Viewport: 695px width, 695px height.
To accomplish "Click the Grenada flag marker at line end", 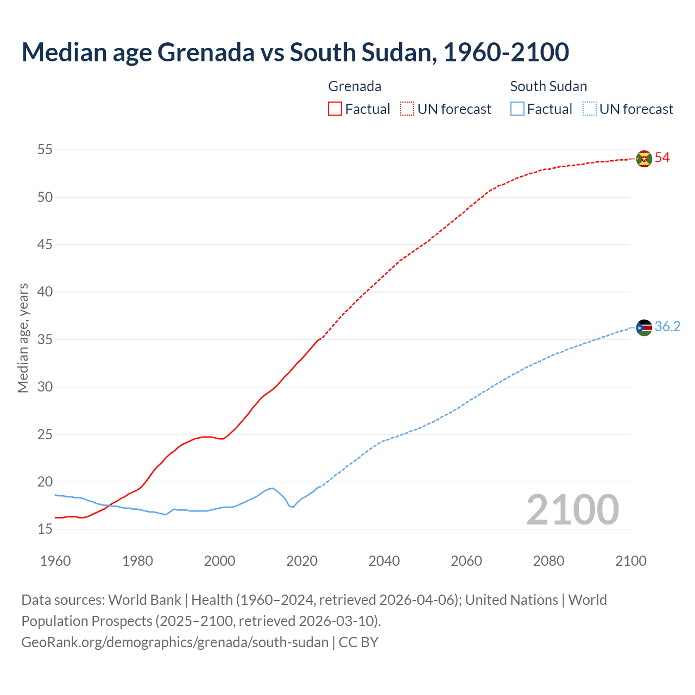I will point(644,159).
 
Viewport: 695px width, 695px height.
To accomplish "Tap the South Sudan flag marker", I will point(644,327).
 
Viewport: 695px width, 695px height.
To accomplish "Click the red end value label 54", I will point(662,158).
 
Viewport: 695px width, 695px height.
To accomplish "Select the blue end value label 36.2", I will point(667,327).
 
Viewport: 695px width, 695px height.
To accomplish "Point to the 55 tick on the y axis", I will point(45,149).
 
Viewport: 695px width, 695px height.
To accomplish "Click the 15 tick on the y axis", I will point(45,529).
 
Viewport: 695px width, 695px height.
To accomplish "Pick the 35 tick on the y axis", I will point(45,339).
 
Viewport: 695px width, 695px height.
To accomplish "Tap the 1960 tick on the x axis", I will point(55,561).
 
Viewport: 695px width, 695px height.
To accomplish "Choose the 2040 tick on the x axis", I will point(384,561).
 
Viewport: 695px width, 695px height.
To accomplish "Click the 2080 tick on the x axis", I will point(548,561).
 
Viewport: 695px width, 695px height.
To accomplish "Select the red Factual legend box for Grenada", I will point(335,109).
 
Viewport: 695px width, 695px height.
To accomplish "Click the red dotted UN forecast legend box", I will point(407,109).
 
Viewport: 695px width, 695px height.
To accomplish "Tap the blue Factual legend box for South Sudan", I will point(517,109).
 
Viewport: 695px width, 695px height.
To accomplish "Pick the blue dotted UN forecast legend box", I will point(589,109).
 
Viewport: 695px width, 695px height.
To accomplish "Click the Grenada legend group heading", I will point(355,86).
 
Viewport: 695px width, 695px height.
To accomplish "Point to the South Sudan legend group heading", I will point(548,86).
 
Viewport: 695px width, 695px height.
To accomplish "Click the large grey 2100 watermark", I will point(572,509).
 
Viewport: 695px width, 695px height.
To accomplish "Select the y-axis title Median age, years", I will point(23,338).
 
